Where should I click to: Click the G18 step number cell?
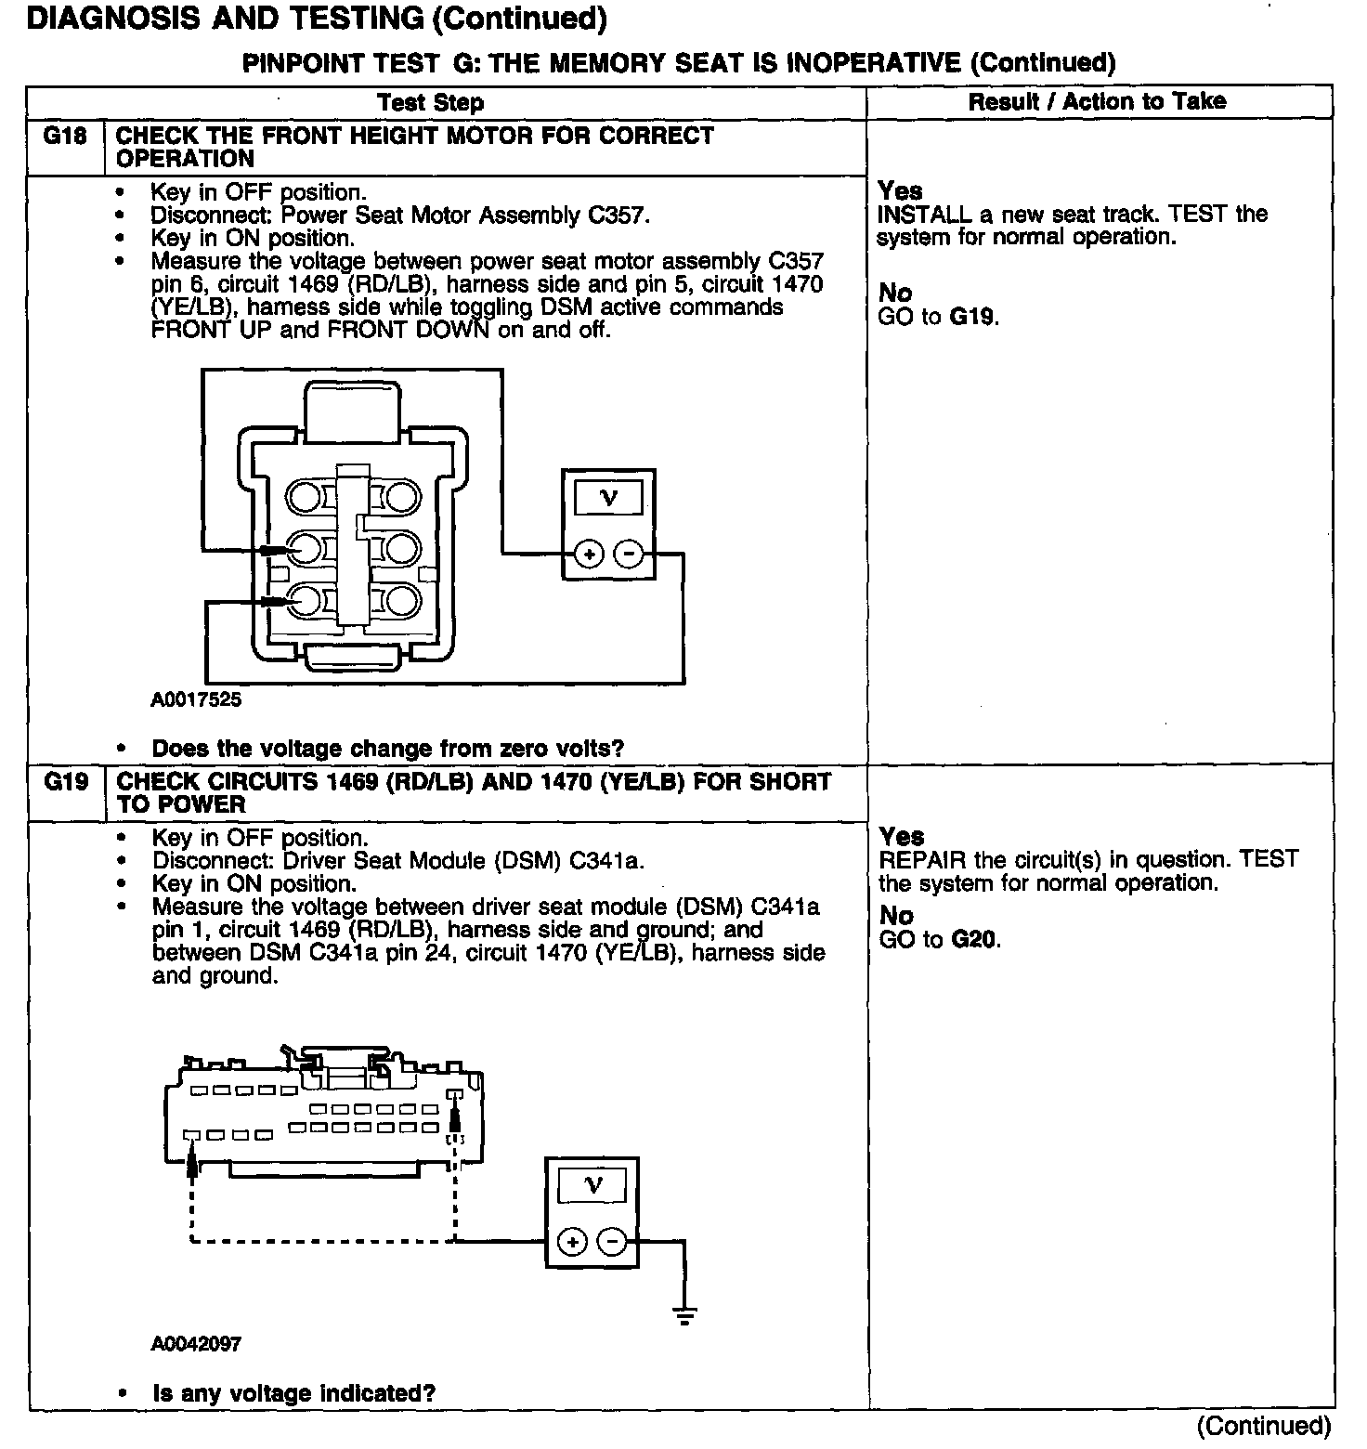(65, 137)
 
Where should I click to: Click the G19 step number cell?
(66, 782)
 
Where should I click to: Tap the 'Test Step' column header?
(430, 102)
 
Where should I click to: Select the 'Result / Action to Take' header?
(1097, 101)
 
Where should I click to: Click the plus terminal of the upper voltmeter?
(589, 555)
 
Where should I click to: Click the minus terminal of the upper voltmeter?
(629, 555)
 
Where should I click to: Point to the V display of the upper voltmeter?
(609, 499)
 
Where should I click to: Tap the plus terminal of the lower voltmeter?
(572, 1242)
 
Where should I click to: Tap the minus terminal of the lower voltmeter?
(612, 1242)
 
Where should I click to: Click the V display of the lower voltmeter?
(592, 1185)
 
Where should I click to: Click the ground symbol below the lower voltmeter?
(684, 1315)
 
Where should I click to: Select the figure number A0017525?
(196, 699)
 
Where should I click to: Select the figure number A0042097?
(196, 1344)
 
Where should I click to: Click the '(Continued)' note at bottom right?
(1264, 1426)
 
